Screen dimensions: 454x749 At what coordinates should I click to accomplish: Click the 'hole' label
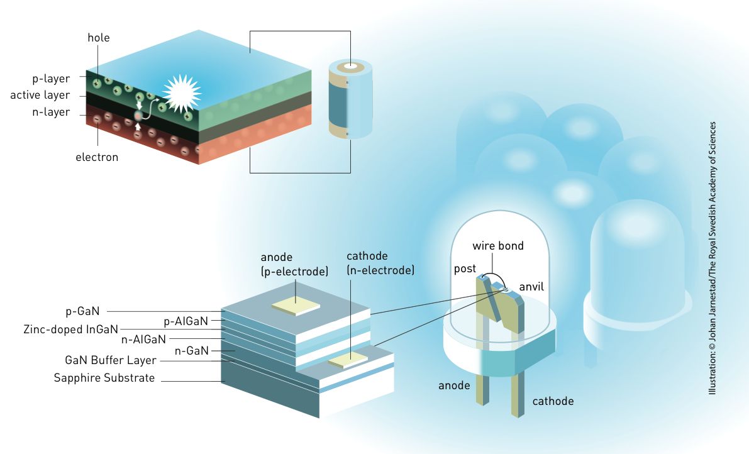click(99, 38)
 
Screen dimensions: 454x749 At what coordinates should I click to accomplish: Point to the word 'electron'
click(97, 157)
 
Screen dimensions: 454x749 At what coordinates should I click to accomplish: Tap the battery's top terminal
click(350, 67)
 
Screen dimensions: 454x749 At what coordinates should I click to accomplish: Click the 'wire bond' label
click(498, 245)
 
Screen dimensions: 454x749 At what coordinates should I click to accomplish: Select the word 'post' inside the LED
click(465, 269)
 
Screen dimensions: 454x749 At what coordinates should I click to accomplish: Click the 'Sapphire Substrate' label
click(104, 378)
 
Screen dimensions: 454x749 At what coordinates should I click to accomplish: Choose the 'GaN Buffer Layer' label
click(111, 361)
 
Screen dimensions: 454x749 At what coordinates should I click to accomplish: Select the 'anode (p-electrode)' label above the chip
click(294, 265)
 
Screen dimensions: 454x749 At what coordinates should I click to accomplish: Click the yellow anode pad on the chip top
click(296, 306)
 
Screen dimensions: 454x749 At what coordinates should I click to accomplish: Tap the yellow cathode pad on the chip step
click(348, 360)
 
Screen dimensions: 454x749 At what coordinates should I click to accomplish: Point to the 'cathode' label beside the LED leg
click(553, 401)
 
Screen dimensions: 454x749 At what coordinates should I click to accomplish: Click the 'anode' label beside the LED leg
click(454, 385)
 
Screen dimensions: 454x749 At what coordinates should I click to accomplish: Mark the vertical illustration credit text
click(713, 258)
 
